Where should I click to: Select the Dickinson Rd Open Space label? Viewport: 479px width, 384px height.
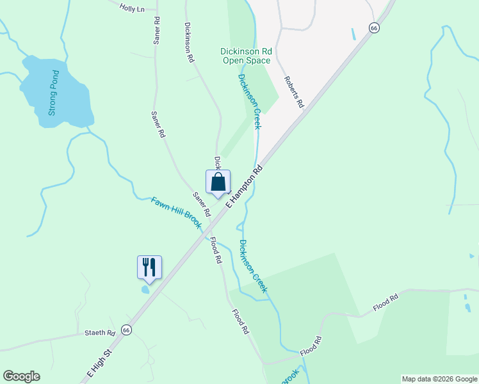[x=246, y=56]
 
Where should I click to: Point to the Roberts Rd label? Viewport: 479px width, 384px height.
[x=293, y=93]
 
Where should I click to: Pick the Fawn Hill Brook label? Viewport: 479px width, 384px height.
[x=176, y=212]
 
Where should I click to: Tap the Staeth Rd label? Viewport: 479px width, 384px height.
[x=100, y=333]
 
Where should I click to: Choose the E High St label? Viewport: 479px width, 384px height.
[x=100, y=362]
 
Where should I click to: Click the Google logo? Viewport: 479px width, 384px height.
[x=21, y=376]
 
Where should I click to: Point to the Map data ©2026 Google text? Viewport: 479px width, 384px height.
[x=439, y=379]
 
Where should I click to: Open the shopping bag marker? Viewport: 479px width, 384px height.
[x=218, y=182]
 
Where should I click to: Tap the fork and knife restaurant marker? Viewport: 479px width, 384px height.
[x=149, y=267]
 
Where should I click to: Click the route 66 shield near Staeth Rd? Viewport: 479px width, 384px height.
[x=126, y=330]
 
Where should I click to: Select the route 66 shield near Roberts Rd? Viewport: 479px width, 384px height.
[x=375, y=28]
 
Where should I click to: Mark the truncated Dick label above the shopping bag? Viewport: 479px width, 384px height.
[x=217, y=161]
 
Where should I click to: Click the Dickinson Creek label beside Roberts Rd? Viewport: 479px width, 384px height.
[x=249, y=101]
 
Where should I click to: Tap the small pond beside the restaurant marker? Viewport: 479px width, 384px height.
[x=146, y=289]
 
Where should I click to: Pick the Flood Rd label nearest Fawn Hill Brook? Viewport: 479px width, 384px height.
[x=215, y=251]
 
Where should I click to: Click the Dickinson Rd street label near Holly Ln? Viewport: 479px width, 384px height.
[x=188, y=42]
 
